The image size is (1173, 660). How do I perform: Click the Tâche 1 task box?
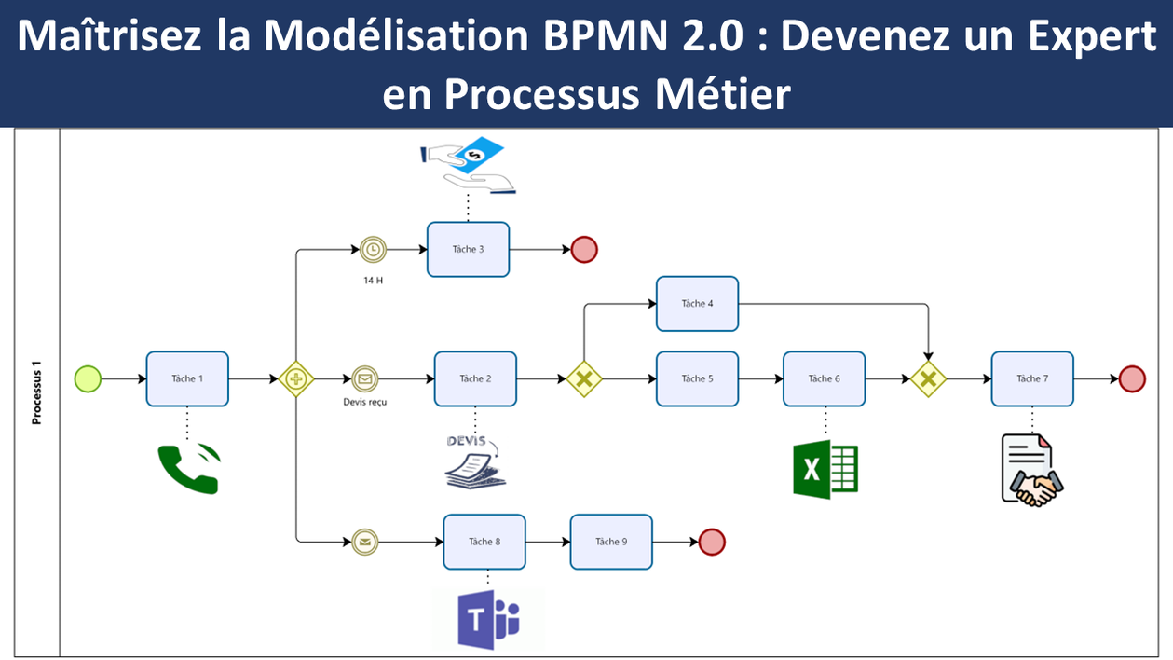click(x=187, y=378)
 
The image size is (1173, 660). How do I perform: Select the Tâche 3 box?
click(x=468, y=249)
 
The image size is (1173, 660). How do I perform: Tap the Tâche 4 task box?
click(x=698, y=304)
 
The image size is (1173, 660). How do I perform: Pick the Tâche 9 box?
click(x=611, y=542)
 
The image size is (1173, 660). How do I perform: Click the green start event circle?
click(x=88, y=378)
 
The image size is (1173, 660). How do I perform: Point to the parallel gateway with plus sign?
click(x=296, y=378)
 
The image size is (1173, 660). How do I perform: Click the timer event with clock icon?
click(x=373, y=249)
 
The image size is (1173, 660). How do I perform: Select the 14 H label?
click(x=374, y=281)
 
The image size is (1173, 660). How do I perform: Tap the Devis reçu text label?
click(x=365, y=403)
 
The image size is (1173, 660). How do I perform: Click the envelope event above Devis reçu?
click(x=365, y=378)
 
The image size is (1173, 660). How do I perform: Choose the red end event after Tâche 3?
click(x=584, y=249)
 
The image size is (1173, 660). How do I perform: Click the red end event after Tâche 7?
click(x=1132, y=378)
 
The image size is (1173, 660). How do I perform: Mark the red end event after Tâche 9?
click(x=712, y=542)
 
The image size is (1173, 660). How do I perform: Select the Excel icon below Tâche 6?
click(x=825, y=469)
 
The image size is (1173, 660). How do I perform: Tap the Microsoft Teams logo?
click(x=488, y=620)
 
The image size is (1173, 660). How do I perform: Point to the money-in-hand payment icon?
click(x=468, y=164)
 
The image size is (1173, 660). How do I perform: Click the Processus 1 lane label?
click(x=36, y=392)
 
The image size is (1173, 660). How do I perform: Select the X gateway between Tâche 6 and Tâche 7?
click(x=929, y=378)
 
